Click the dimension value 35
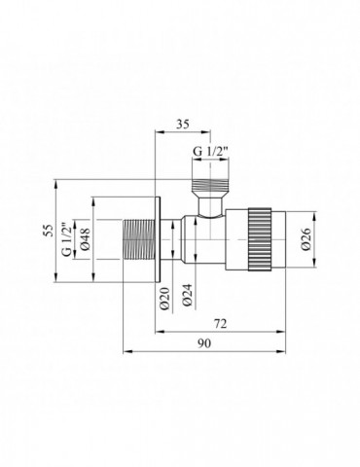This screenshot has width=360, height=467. pyautogui.click(x=180, y=125)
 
